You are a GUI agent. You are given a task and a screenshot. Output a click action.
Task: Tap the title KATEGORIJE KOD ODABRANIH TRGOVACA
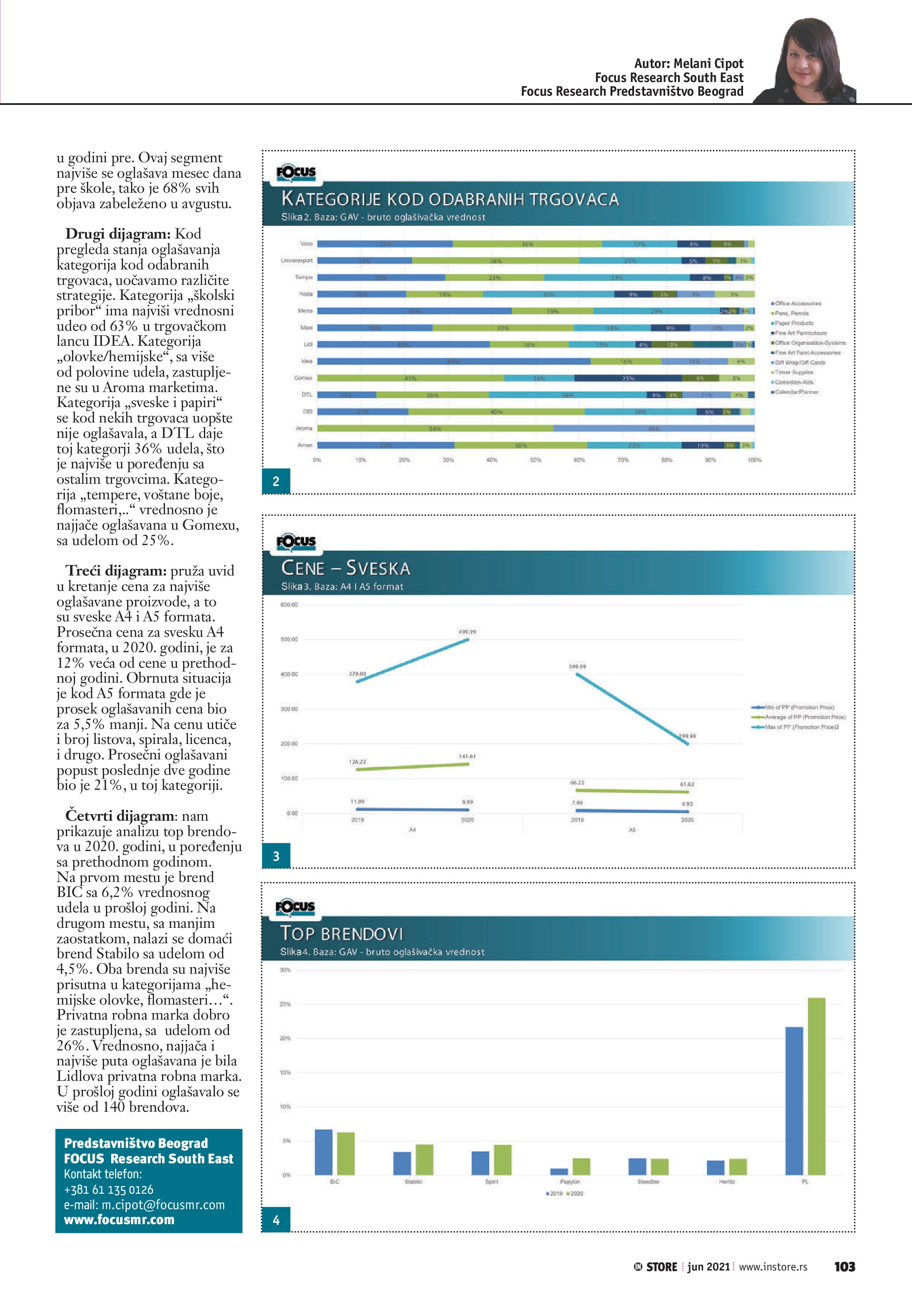(450, 199)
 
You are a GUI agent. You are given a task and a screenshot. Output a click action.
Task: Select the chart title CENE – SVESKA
(345, 568)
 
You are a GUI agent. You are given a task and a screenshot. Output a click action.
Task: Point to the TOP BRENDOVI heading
(342, 933)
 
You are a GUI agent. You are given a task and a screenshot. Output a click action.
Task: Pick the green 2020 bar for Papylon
(581, 1166)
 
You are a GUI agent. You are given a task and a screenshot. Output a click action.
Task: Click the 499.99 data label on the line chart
(467, 631)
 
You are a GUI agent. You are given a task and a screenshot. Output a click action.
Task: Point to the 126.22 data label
(357, 762)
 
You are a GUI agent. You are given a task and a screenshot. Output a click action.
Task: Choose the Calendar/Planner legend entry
(796, 392)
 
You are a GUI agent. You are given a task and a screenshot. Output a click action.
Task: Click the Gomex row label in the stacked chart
(303, 378)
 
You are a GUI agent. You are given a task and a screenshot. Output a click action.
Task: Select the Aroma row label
(304, 428)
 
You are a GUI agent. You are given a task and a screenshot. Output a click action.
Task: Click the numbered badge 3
(276, 856)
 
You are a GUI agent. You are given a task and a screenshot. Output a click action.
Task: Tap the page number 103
(844, 1267)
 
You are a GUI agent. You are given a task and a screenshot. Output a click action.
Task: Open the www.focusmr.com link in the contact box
(119, 1220)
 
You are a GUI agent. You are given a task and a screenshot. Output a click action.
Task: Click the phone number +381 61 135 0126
(109, 1190)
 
